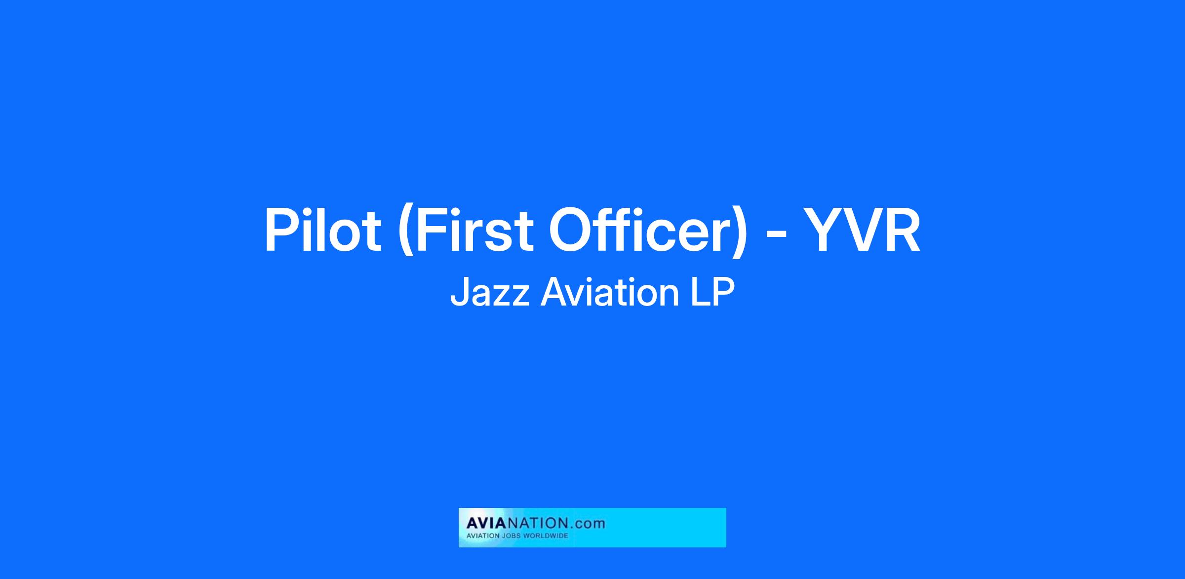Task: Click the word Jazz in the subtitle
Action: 489,293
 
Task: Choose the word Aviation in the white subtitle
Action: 610,292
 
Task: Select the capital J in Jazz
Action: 459,293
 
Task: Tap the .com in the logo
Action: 588,523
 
